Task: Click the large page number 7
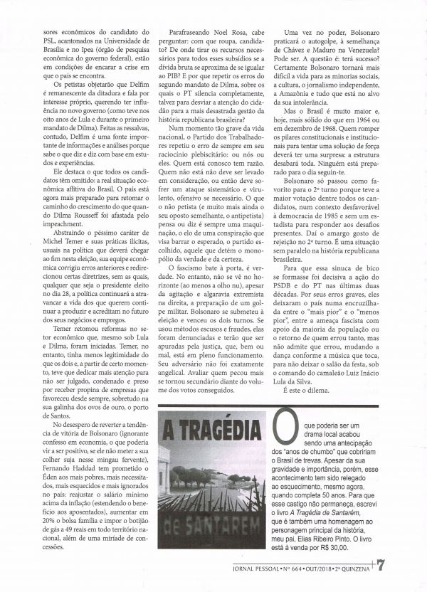(x=415, y=566)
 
